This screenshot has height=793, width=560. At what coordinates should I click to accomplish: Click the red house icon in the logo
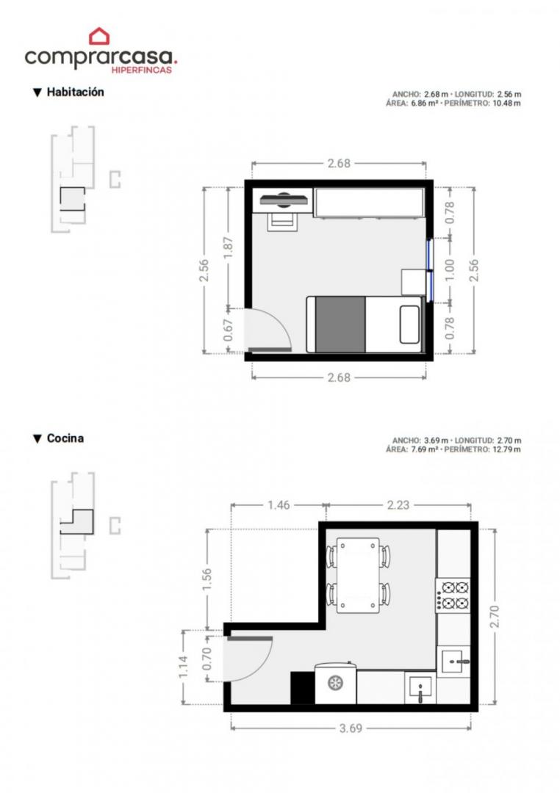click(x=99, y=37)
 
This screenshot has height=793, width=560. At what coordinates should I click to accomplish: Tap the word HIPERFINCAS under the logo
click(x=141, y=70)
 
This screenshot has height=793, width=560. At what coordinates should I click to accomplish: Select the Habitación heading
click(x=76, y=92)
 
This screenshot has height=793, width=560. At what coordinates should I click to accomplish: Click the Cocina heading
click(x=65, y=438)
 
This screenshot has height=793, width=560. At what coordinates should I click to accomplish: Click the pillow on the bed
click(x=409, y=325)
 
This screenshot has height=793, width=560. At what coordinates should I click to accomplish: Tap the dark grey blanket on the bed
click(x=340, y=325)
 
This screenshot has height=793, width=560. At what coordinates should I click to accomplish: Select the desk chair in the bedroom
click(x=281, y=222)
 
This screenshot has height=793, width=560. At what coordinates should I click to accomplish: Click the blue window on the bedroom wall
click(x=429, y=269)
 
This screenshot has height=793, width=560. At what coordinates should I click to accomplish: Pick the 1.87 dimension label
click(x=229, y=247)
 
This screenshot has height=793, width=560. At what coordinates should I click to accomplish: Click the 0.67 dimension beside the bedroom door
click(x=229, y=330)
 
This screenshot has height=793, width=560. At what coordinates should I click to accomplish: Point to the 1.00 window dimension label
click(x=450, y=269)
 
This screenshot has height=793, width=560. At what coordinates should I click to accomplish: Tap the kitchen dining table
click(x=358, y=574)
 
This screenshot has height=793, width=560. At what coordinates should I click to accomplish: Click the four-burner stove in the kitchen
click(x=453, y=595)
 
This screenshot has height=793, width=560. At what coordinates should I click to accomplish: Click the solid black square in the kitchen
click(x=302, y=688)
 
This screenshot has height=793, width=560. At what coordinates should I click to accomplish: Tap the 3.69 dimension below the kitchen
click(x=351, y=728)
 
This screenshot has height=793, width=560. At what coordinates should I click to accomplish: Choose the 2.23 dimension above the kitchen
click(x=398, y=504)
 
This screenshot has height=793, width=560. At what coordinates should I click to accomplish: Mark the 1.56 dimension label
click(x=207, y=579)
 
